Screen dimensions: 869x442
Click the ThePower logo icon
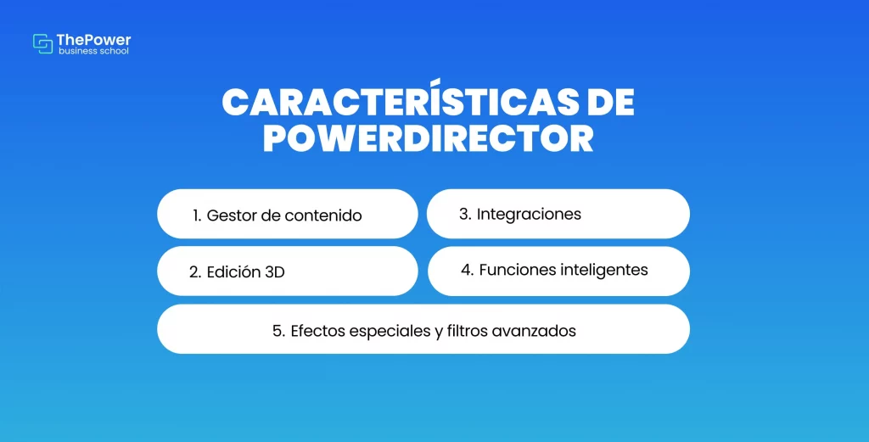(x=42, y=44)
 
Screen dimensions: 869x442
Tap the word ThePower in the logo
(x=93, y=41)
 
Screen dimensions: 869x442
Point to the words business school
(x=93, y=51)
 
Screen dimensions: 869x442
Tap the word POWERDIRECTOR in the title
(x=429, y=139)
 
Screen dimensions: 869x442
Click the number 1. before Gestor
(x=197, y=215)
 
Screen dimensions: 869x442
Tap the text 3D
(x=275, y=272)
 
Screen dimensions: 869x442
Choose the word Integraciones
(x=529, y=214)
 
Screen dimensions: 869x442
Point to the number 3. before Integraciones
(x=465, y=214)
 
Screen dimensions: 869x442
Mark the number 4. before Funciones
(x=468, y=271)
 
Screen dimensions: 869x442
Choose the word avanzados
(x=535, y=331)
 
